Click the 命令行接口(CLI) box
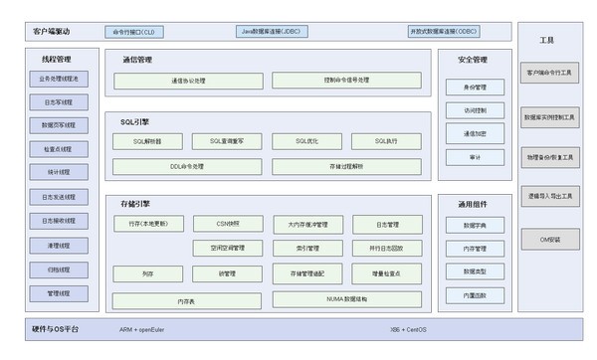133,32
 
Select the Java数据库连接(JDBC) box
272,32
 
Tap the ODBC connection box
444,32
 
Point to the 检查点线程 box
58,149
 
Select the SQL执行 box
387,141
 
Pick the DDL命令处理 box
187,165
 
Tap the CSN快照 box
227,224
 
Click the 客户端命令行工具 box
551,73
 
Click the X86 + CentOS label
409,329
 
